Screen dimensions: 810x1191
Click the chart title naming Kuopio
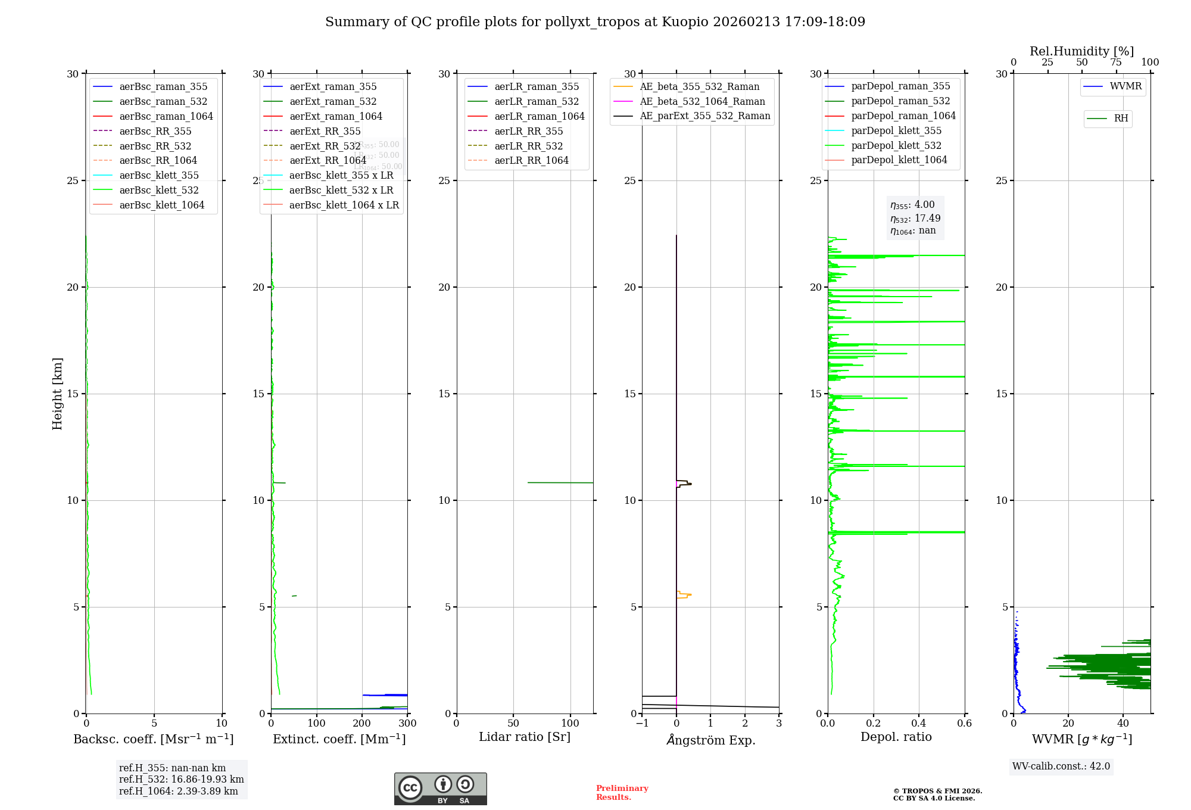click(x=595, y=22)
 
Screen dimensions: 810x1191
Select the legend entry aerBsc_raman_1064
click(x=166, y=116)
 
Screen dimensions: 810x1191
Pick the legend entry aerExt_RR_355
click(x=325, y=131)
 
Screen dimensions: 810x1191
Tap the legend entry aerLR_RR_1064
click(x=531, y=160)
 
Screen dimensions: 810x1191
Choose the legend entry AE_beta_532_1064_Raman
click(x=702, y=101)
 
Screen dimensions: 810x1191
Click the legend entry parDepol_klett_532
click(x=896, y=145)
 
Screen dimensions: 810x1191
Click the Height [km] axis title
click(x=57, y=394)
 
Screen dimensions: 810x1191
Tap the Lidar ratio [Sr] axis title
click(x=525, y=737)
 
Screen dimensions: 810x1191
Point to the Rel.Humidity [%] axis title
click(x=1081, y=51)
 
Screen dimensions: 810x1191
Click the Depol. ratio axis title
click(x=896, y=737)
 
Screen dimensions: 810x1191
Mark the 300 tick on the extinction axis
click(x=407, y=724)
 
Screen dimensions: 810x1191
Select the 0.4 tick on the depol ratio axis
click(x=919, y=724)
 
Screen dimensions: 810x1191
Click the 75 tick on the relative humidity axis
click(x=1116, y=63)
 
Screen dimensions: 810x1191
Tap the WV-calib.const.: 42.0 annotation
click(x=1061, y=766)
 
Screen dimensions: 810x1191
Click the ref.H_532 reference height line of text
click(x=181, y=779)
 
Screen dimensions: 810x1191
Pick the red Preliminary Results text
click(x=622, y=793)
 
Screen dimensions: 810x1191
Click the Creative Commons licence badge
click(x=440, y=789)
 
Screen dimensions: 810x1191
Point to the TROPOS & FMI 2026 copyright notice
click(x=937, y=795)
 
